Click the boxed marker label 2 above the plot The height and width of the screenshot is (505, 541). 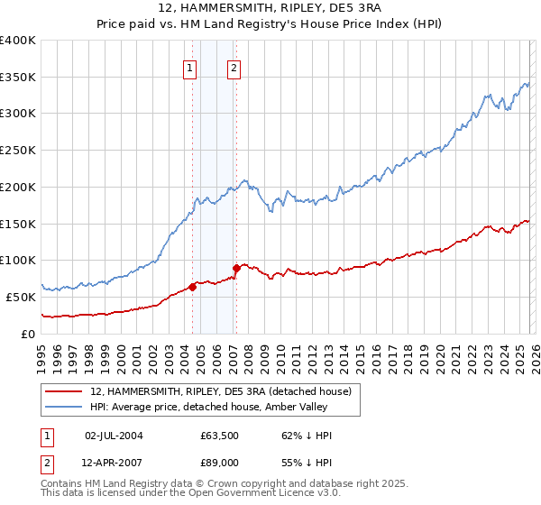[234, 68]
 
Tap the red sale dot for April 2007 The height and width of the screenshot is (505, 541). [236, 268]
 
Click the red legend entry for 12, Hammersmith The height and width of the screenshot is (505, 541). [225, 390]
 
